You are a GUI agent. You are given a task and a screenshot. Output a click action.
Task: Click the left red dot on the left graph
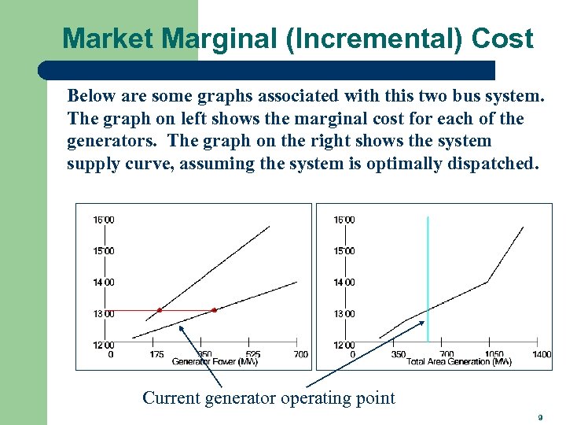(x=159, y=310)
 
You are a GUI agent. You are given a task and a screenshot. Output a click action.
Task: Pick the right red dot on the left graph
(x=214, y=310)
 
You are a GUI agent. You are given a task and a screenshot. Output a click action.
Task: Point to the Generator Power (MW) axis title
(x=215, y=362)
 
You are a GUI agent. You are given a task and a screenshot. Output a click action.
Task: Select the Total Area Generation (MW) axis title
(x=458, y=362)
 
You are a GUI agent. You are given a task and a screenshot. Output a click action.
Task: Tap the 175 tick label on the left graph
(x=156, y=354)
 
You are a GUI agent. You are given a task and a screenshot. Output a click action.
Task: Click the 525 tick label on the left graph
(x=252, y=354)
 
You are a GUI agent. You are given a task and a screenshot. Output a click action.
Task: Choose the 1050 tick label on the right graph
(x=494, y=354)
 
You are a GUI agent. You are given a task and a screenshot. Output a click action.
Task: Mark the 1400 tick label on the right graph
(x=541, y=354)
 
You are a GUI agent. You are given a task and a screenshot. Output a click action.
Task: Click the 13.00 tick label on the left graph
(x=105, y=313)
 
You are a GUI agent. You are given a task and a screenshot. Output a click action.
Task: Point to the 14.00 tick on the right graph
(x=344, y=282)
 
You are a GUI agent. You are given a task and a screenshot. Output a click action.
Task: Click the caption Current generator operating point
(x=268, y=398)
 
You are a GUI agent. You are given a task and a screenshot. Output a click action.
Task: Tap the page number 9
(x=540, y=417)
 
